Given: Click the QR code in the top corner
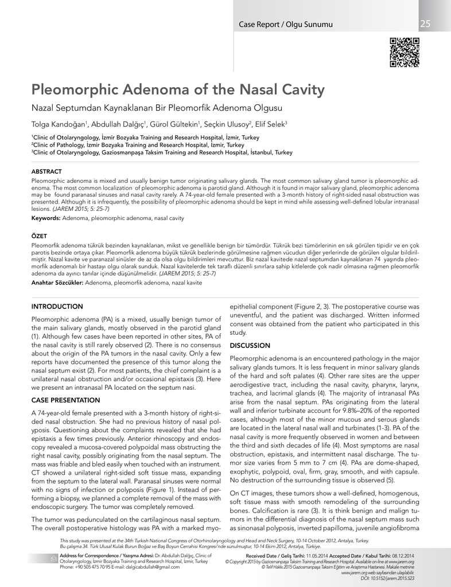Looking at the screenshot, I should tap(405, 52).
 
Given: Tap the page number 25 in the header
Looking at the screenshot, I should tap(425, 24).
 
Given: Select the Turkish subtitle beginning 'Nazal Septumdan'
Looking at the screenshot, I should tap(157, 108).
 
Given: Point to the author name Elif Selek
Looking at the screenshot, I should tap(273, 124).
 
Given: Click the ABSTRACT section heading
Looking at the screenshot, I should tap(46, 171).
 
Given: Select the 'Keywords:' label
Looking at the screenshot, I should tap(46, 219).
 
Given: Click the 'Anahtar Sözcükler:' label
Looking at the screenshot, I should tap(57, 283).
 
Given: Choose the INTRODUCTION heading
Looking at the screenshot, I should tap(57, 307).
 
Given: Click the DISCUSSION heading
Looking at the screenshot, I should tap(250, 346).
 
